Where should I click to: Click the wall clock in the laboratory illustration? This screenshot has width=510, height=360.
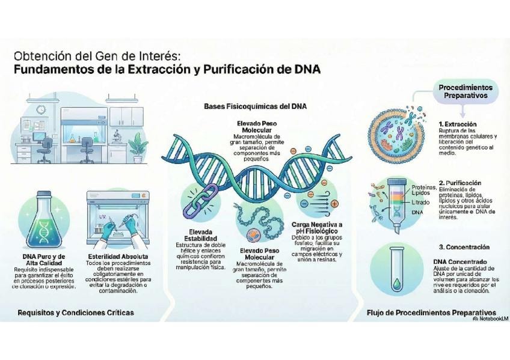coord(40,110)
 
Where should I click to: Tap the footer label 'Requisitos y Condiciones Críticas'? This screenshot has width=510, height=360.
coord(76,313)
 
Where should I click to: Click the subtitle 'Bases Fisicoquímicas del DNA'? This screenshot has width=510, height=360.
coord(256,106)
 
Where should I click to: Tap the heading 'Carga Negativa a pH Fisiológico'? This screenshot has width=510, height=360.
coord(324,228)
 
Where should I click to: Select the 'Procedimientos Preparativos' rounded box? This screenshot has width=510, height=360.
coord(463,91)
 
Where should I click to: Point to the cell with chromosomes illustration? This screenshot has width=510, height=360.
coord(398,136)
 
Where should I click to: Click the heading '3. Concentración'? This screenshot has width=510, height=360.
coord(464,247)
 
